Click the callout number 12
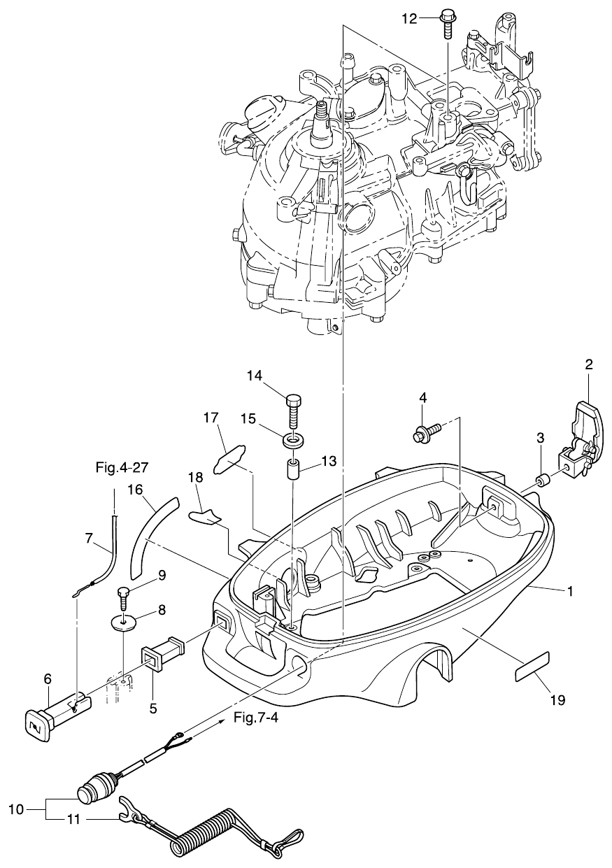[409, 19]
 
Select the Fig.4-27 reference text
[122, 468]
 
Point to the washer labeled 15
[293, 441]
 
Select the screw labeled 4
[427, 433]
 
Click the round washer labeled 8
[123, 625]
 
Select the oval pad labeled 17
[229, 459]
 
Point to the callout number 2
[589, 364]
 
